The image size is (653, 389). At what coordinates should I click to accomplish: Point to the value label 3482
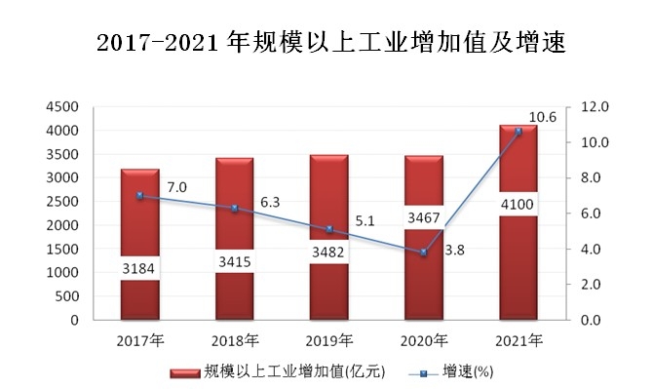click(328, 252)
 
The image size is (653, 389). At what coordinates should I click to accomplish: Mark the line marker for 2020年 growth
click(423, 253)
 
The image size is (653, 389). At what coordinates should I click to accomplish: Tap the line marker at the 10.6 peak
click(518, 131)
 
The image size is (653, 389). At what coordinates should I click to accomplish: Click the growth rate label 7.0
click(176, 186)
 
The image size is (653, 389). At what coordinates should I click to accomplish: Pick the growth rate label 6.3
click(270, 202)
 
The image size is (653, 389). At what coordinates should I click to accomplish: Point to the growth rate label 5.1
click(365, 220)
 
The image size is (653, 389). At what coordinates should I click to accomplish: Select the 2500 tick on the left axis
click(61, 202)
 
